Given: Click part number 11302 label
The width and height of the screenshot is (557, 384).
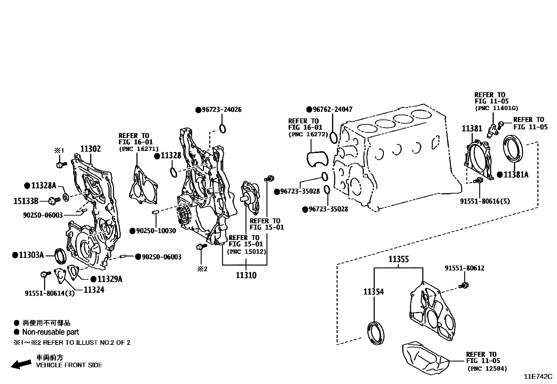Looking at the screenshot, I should pos(91,149).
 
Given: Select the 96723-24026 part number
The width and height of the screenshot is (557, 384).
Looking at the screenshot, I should pos(221,110).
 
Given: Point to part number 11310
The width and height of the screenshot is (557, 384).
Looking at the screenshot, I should pos(246,275).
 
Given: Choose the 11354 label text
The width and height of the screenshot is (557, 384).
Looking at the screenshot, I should pos(373,291).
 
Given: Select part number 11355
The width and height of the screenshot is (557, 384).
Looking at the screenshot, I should pos(399,259).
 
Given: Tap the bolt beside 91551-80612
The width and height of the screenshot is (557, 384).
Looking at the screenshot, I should pos(465,285).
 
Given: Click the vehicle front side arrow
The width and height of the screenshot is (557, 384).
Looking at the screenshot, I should pos(21,364).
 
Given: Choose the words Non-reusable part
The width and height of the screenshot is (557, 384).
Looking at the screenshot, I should pos(50,332).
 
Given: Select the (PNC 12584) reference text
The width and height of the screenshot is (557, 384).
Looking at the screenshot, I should pos(487,368).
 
